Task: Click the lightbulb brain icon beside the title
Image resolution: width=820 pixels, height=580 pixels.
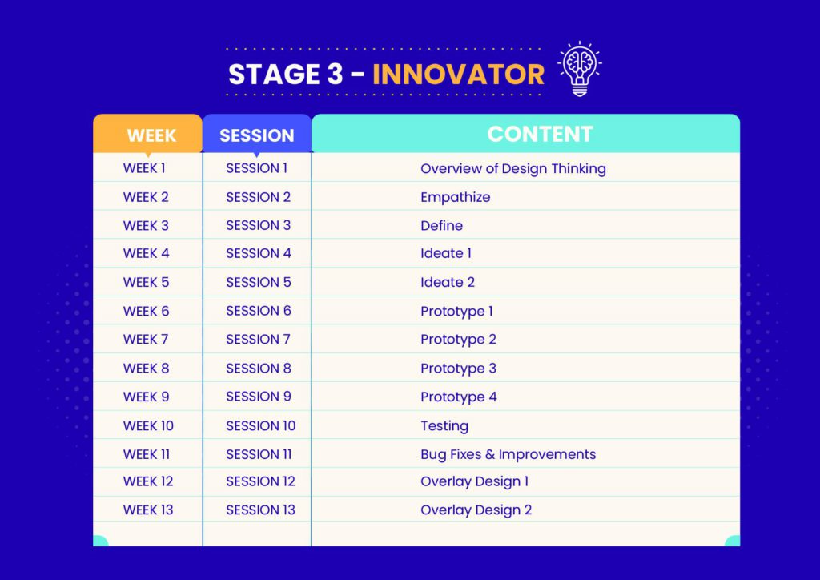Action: pyautogui.click(x=580, y=69)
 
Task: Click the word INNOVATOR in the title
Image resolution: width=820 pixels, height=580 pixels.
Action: pyautogui.click(x=458, y=75)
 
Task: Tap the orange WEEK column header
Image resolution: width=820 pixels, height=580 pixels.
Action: pyautogui.click(x=151, y=135)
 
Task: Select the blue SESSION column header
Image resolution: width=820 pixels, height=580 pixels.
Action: pyautogui.click(x=257, y=135)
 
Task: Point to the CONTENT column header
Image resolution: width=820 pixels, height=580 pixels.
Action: pyautogui.click(x=540, y=134)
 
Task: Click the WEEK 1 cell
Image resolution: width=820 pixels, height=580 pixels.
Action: pyautogui.click(x=144, y=168)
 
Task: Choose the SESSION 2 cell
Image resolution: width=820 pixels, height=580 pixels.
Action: pyautogui.click(x=259, y=197)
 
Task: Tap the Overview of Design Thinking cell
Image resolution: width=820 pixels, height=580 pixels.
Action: pyautogui.click(x=513, y=168)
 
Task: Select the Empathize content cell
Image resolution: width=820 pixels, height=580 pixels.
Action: pyautogui.click(x=456, y=198)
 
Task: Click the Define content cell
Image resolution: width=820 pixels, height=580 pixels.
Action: pyautogui.click(x=441, y=225)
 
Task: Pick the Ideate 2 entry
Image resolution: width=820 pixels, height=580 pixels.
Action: pyautogui.click(x=448, y=283)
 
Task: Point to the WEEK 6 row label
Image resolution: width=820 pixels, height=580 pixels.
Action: pyautogui.click(x=146, y=311)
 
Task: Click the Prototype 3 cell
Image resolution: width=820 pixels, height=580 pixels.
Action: pyautogui.click(x=459, y=369)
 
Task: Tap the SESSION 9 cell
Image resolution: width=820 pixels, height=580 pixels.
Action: pyautogui.click(x=259, y=397)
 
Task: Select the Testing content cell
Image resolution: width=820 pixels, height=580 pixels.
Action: pyautogui.click(x=444, y=426)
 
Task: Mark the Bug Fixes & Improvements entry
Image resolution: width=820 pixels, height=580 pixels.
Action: pyautogui.click(x=508, y=454)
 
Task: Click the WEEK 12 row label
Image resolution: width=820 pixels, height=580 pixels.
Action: pyautogui.click(x=148, y=481)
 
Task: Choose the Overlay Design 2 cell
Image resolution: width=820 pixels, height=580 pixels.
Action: pyautogui.click(x=476, y=510)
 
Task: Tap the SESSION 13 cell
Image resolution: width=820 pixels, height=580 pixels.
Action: pyautogui.click(x=260, y=510)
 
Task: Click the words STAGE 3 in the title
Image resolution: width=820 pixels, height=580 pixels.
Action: pyautogui.click(x=286, y=75)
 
